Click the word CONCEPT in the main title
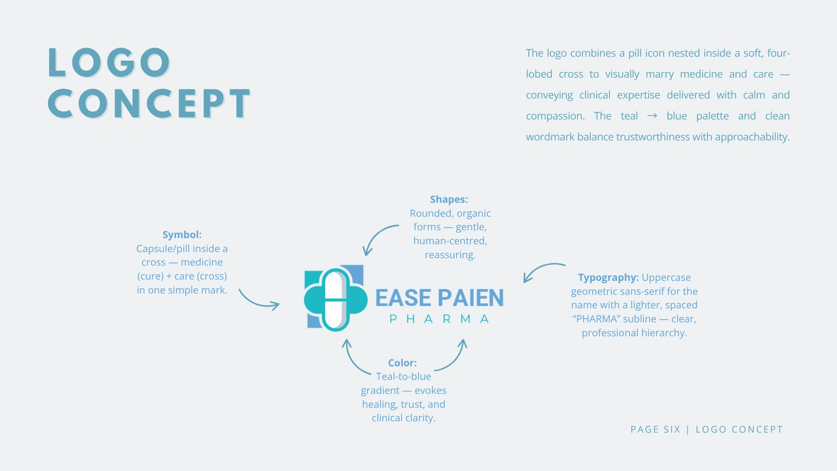(x=150, y=104)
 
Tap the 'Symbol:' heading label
(x=182, y=235)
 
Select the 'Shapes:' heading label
(x=449, y=199)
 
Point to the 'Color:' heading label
(x=402, y=363)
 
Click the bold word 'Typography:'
(x=608, y=277)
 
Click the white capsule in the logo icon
(x=335, y=300)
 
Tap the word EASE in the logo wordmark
(x=403, y=298)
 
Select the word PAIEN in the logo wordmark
(x=471, y=298)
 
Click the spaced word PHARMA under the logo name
(x=439, y=319)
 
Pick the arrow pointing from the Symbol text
(x=258, y=300)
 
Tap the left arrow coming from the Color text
(x=355, y=358)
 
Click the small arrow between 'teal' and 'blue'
(x=652, y=116)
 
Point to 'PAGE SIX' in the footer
(x=655, y=430)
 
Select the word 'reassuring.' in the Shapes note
(x=450, y=255)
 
